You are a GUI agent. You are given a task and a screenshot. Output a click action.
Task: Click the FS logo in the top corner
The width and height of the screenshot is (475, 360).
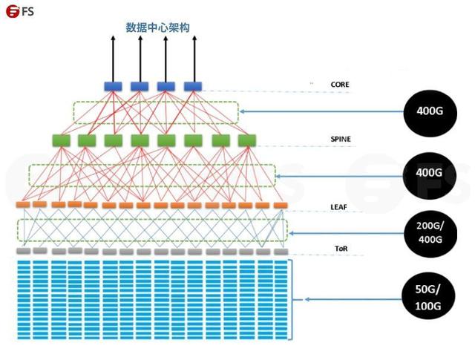coord(22,12)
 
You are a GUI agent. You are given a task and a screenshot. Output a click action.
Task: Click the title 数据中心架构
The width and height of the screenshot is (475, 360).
coord(157,27)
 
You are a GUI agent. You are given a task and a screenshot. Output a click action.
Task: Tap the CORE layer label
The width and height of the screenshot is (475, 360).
coord(340,85)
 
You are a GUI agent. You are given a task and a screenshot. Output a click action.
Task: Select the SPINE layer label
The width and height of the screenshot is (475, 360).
coord(341,139)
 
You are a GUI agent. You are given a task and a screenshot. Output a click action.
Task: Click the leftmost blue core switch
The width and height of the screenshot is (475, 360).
coord(113,86)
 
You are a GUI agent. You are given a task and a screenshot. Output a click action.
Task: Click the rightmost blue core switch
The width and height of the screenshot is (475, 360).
coord(193,86)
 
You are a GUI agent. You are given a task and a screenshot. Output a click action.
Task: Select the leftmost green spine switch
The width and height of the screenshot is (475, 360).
coord(62,140)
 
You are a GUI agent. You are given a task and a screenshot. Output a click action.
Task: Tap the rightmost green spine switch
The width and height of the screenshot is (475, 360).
coord(246,140)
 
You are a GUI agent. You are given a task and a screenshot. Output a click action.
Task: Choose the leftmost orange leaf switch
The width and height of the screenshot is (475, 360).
coord(22,204)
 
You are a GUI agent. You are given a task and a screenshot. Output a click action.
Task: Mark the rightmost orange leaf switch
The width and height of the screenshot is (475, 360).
coord(280,204)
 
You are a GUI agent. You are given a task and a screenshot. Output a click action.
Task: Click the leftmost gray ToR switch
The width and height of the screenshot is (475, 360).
coord(22,252)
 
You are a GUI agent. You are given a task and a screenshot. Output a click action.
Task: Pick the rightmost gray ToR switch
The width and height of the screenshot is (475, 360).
coord(280,252)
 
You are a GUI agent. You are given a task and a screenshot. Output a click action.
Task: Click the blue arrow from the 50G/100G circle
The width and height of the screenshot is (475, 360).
coord(349,298)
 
